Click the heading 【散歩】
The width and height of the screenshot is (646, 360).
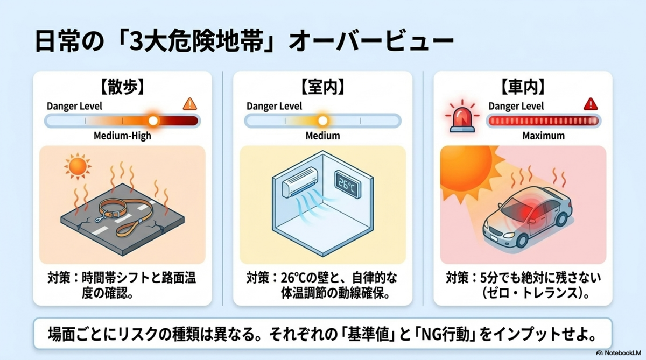(122, 87)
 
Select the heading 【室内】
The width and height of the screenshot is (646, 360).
(322, 87)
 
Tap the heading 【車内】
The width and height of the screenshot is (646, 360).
(523, 87)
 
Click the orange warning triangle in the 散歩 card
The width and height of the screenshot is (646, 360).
(189, 104)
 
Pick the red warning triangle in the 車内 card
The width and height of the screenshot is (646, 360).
(591, 104)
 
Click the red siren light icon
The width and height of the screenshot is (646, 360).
(462, 116)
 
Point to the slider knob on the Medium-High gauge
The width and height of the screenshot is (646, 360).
(153, 121)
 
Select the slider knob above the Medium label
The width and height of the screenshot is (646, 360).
(322, 121)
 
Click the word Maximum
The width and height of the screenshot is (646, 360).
(543, 136)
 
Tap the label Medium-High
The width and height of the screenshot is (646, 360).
(122, 136)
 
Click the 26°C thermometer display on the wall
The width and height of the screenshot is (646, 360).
(348, 185)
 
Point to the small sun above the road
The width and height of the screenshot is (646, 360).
(78, 166)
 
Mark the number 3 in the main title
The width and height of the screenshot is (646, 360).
(135, 41)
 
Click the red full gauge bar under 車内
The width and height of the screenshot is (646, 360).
(543, 121)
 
